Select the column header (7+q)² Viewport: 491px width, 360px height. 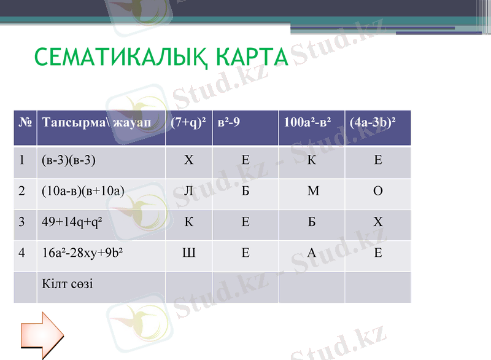tap(188, 122)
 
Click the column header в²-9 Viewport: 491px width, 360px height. tap(229, 122)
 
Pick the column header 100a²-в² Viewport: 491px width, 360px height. tap(307, 122)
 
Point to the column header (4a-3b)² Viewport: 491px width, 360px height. tap(372, 122)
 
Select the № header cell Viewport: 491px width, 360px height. tap(25, 122)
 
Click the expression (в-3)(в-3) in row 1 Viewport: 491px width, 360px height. tap(69, 161)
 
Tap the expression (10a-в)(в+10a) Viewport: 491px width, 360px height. tap(83, 191)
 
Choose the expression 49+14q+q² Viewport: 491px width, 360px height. tap(72, 222)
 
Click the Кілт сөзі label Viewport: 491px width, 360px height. tap(68, 283)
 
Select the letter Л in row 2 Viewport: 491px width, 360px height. tap(188, 191)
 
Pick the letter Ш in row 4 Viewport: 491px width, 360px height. tap(188, 252)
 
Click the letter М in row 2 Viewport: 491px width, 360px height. tap(312, 191)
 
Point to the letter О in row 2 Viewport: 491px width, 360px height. tap(378, 191)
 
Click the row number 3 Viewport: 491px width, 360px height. tap(21, 222)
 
